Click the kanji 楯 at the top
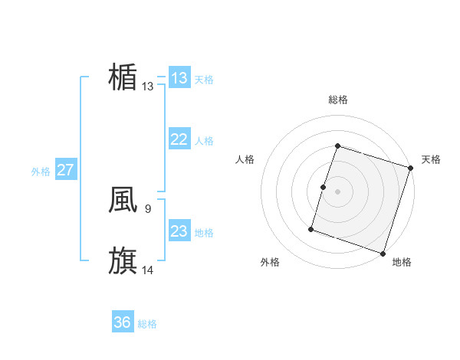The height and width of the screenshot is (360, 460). tap(123, 78)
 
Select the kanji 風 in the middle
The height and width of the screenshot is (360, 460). tap(123, 200)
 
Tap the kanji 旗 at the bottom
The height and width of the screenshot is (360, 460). tap(123, 260)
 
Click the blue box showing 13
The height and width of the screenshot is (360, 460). tap(179, 78)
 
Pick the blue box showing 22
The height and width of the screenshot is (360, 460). tap(179, 139)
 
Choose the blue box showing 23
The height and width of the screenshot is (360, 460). tap(179, 231)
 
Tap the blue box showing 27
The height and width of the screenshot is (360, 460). tap(66, 170)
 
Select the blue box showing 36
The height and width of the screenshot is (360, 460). tap(123, 322)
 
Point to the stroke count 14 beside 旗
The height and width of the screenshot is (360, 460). tap(148, 269)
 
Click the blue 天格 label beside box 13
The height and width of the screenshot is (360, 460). tap(204, 80)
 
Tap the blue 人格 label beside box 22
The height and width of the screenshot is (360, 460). tap(204, 141)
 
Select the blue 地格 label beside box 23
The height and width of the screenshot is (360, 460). tap(204, 233)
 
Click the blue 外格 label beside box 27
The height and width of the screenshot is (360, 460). tap(41, 172)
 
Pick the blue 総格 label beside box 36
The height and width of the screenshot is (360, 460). tap(147, 324)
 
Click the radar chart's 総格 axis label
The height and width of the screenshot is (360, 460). tap(337, 100)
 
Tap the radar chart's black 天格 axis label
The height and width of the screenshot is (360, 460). tap(431, 159)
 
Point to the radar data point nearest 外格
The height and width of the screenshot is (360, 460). tap(311, 228)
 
